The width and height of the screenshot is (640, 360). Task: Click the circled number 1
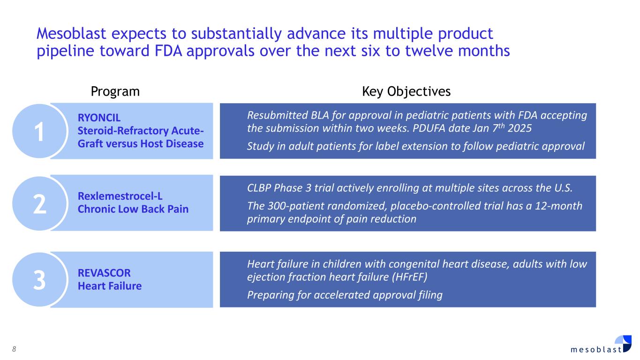pyautogui.click(x=39, y=131)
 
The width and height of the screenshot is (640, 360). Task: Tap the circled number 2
pyautogui.click(x=39, y=204)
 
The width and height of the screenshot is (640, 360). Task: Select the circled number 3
pyautogui.click(x=39, y=280)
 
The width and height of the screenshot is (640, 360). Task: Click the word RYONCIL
pyautogui.click(x=99, y=118)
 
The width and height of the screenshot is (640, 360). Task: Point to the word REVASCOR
pyautogui.click(x=104, y=273)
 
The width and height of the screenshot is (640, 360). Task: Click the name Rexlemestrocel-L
pyautogui.click(x=120, y=196)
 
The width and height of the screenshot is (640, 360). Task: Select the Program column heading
pyautogui.click(x=115, y=92)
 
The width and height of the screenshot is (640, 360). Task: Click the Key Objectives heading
pyautogui.click(x=407, y=92)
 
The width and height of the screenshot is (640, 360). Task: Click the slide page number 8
pyautogui.click(x=14, y=349)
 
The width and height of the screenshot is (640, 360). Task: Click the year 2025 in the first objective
pyautogui.click(x=520, y=128)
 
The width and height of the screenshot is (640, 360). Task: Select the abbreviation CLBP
pyautogui.click(x=259, y=188)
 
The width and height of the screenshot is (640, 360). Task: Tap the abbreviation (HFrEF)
pyautogui.click(x=409, y=277)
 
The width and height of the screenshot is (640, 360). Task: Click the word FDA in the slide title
pyautogui.click(x=168, y=51)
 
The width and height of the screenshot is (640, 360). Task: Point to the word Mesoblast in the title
pyautogui.click(x=71, y=33)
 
